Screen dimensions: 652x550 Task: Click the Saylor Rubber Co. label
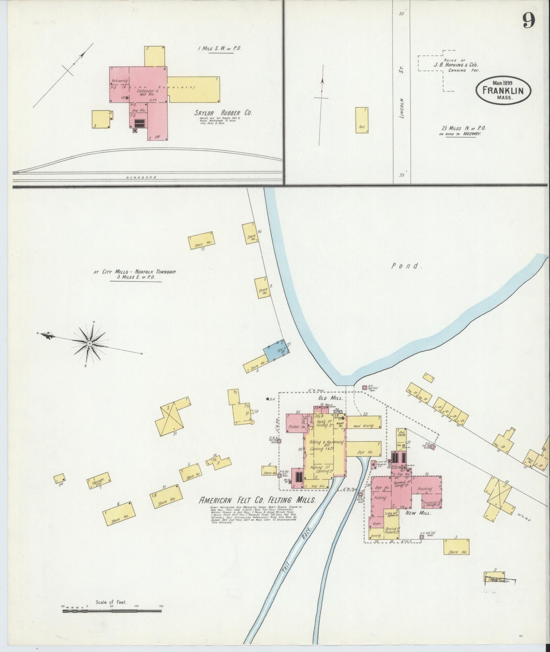click(x=223, y=113)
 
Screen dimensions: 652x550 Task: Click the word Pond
click(x=407, y=266)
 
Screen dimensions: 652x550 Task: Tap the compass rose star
click(x=90, y=343)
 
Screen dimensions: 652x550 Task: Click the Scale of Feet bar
click(x=112, y=611)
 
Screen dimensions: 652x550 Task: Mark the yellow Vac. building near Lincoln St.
click(x=362, y=120)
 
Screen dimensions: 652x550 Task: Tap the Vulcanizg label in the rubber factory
click(x=119, y=81)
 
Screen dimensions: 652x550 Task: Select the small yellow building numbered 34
click(x=59, y=479)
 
